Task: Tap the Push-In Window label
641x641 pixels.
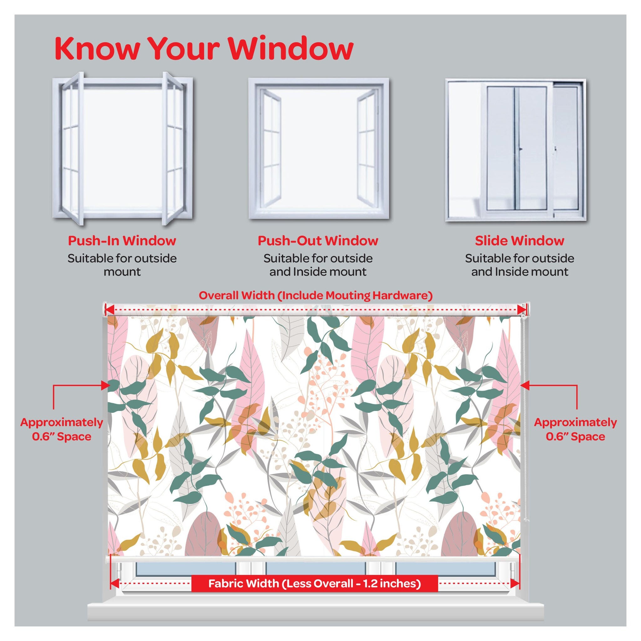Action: (x=122, y=241)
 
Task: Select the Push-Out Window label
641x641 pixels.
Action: (x=318, y=241)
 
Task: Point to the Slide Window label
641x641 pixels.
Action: (x=519, y=241)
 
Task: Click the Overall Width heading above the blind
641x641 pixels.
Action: (x=315, y=295)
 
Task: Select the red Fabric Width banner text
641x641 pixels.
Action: (x=314, y=592)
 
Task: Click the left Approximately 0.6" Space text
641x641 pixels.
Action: (x=62, y=429)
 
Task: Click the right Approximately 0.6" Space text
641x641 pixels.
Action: (x=575, y=429)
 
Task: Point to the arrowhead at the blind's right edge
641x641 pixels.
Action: (x=524, y=385)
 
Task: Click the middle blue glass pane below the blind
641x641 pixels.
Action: (x=315, y=569)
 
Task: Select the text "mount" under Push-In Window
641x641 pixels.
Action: (x=122, y=272)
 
